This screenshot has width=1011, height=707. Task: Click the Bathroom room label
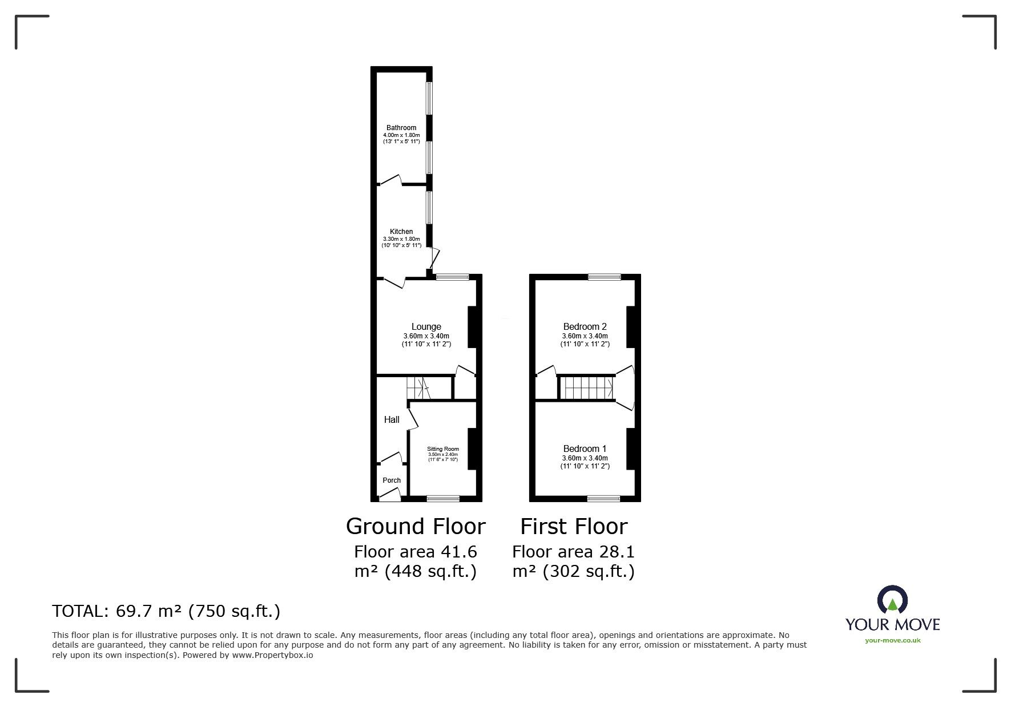401,128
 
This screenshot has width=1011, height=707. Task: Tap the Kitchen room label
401,232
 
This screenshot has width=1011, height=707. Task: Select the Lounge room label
426,327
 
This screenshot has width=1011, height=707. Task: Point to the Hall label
392,419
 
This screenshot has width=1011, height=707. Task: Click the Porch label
392,480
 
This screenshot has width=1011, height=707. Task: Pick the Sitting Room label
443,449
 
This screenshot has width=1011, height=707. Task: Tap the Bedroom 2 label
585,327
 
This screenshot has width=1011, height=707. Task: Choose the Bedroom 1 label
585,449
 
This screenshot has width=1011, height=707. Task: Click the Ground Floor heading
416,526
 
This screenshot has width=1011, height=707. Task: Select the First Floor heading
574,526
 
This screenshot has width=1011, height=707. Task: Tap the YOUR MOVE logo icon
892,600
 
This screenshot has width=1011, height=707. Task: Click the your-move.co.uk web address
893,640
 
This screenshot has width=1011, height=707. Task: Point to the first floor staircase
586,388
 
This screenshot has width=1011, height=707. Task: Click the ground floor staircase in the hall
418,388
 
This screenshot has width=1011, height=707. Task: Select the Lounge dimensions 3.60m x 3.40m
426,336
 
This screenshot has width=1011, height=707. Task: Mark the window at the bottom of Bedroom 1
604,498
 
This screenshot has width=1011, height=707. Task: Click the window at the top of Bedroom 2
605,277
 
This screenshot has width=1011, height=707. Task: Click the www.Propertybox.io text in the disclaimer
272,655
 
